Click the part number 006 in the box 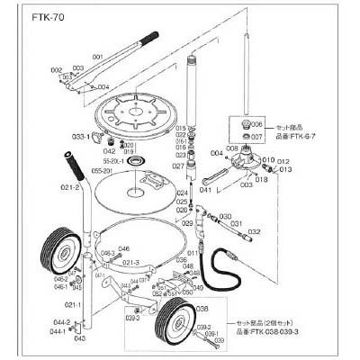(x=256, y=124)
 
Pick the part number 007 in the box (x=256, y=137)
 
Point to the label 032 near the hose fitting (x=255, y=232)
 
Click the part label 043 (x=79, y=339)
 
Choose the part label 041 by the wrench (x=205, y=190)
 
